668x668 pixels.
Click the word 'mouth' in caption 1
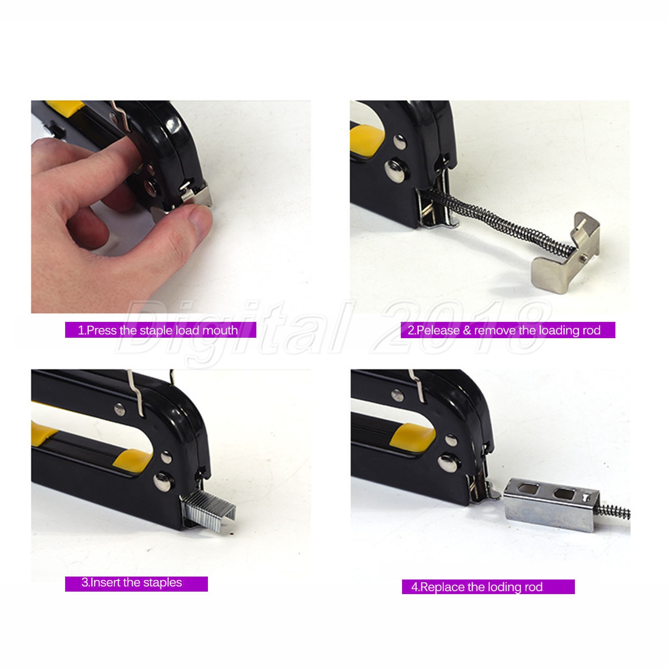pyautogui.click(x=220, y=330)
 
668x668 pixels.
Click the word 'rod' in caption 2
pyautogui.click(x=591, y=330)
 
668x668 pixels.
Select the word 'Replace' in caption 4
pyautogui.click(x=442, y=587)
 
